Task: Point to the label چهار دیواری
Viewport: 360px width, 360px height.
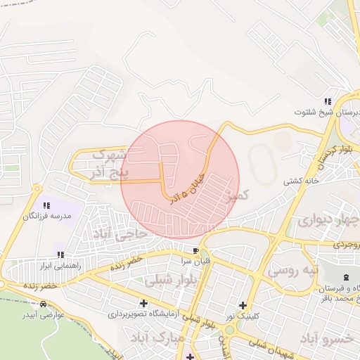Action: pos(327,220)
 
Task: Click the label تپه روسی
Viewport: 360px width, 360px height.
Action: pos(295,269)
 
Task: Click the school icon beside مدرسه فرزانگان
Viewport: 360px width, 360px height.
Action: pos(46,206)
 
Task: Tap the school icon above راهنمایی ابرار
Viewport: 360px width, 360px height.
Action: pos(60,255)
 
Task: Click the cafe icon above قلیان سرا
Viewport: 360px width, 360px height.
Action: pos(196,250)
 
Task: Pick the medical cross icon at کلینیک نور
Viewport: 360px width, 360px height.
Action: pos(243,305)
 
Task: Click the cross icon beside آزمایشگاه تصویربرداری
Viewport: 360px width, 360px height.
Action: pos(143,304)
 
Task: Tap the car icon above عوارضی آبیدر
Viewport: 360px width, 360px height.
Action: pos(44,304)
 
